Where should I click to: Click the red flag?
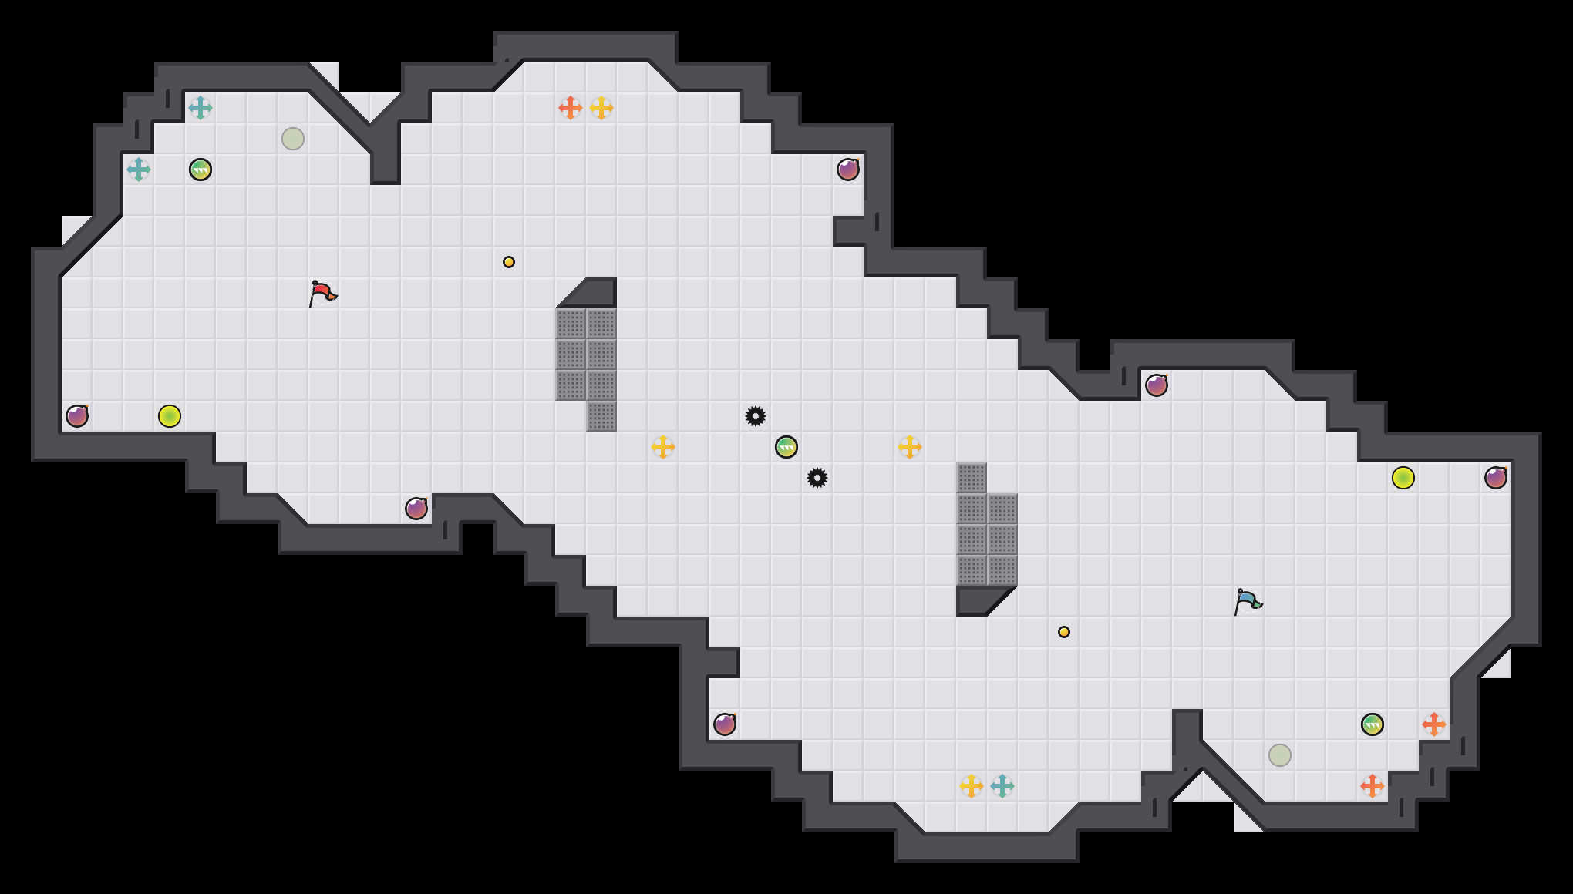point(322,293)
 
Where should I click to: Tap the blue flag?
point(1248,601)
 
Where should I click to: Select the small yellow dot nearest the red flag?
point(509,262)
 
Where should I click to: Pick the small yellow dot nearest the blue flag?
point(1064,632)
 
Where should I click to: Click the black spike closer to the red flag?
point(756,416)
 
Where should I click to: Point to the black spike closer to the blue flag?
point(817,478)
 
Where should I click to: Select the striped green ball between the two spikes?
point(786,447)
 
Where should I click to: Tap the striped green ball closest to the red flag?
point(200,170)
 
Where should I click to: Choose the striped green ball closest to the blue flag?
point(1373,724)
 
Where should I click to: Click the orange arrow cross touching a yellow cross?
point(571,108)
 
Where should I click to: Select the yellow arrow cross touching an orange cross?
point(601,108)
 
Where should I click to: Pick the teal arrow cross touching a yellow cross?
point(1002,786)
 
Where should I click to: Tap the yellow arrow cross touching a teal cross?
point(972,786)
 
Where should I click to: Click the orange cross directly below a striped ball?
point(1373,786)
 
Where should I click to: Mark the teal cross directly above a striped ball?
point(200,108)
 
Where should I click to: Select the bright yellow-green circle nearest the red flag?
point(170,416)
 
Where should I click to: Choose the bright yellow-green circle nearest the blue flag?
point(1403,478)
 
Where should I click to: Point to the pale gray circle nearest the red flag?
point(293,139)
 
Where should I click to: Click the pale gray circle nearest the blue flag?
point(1280,755)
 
